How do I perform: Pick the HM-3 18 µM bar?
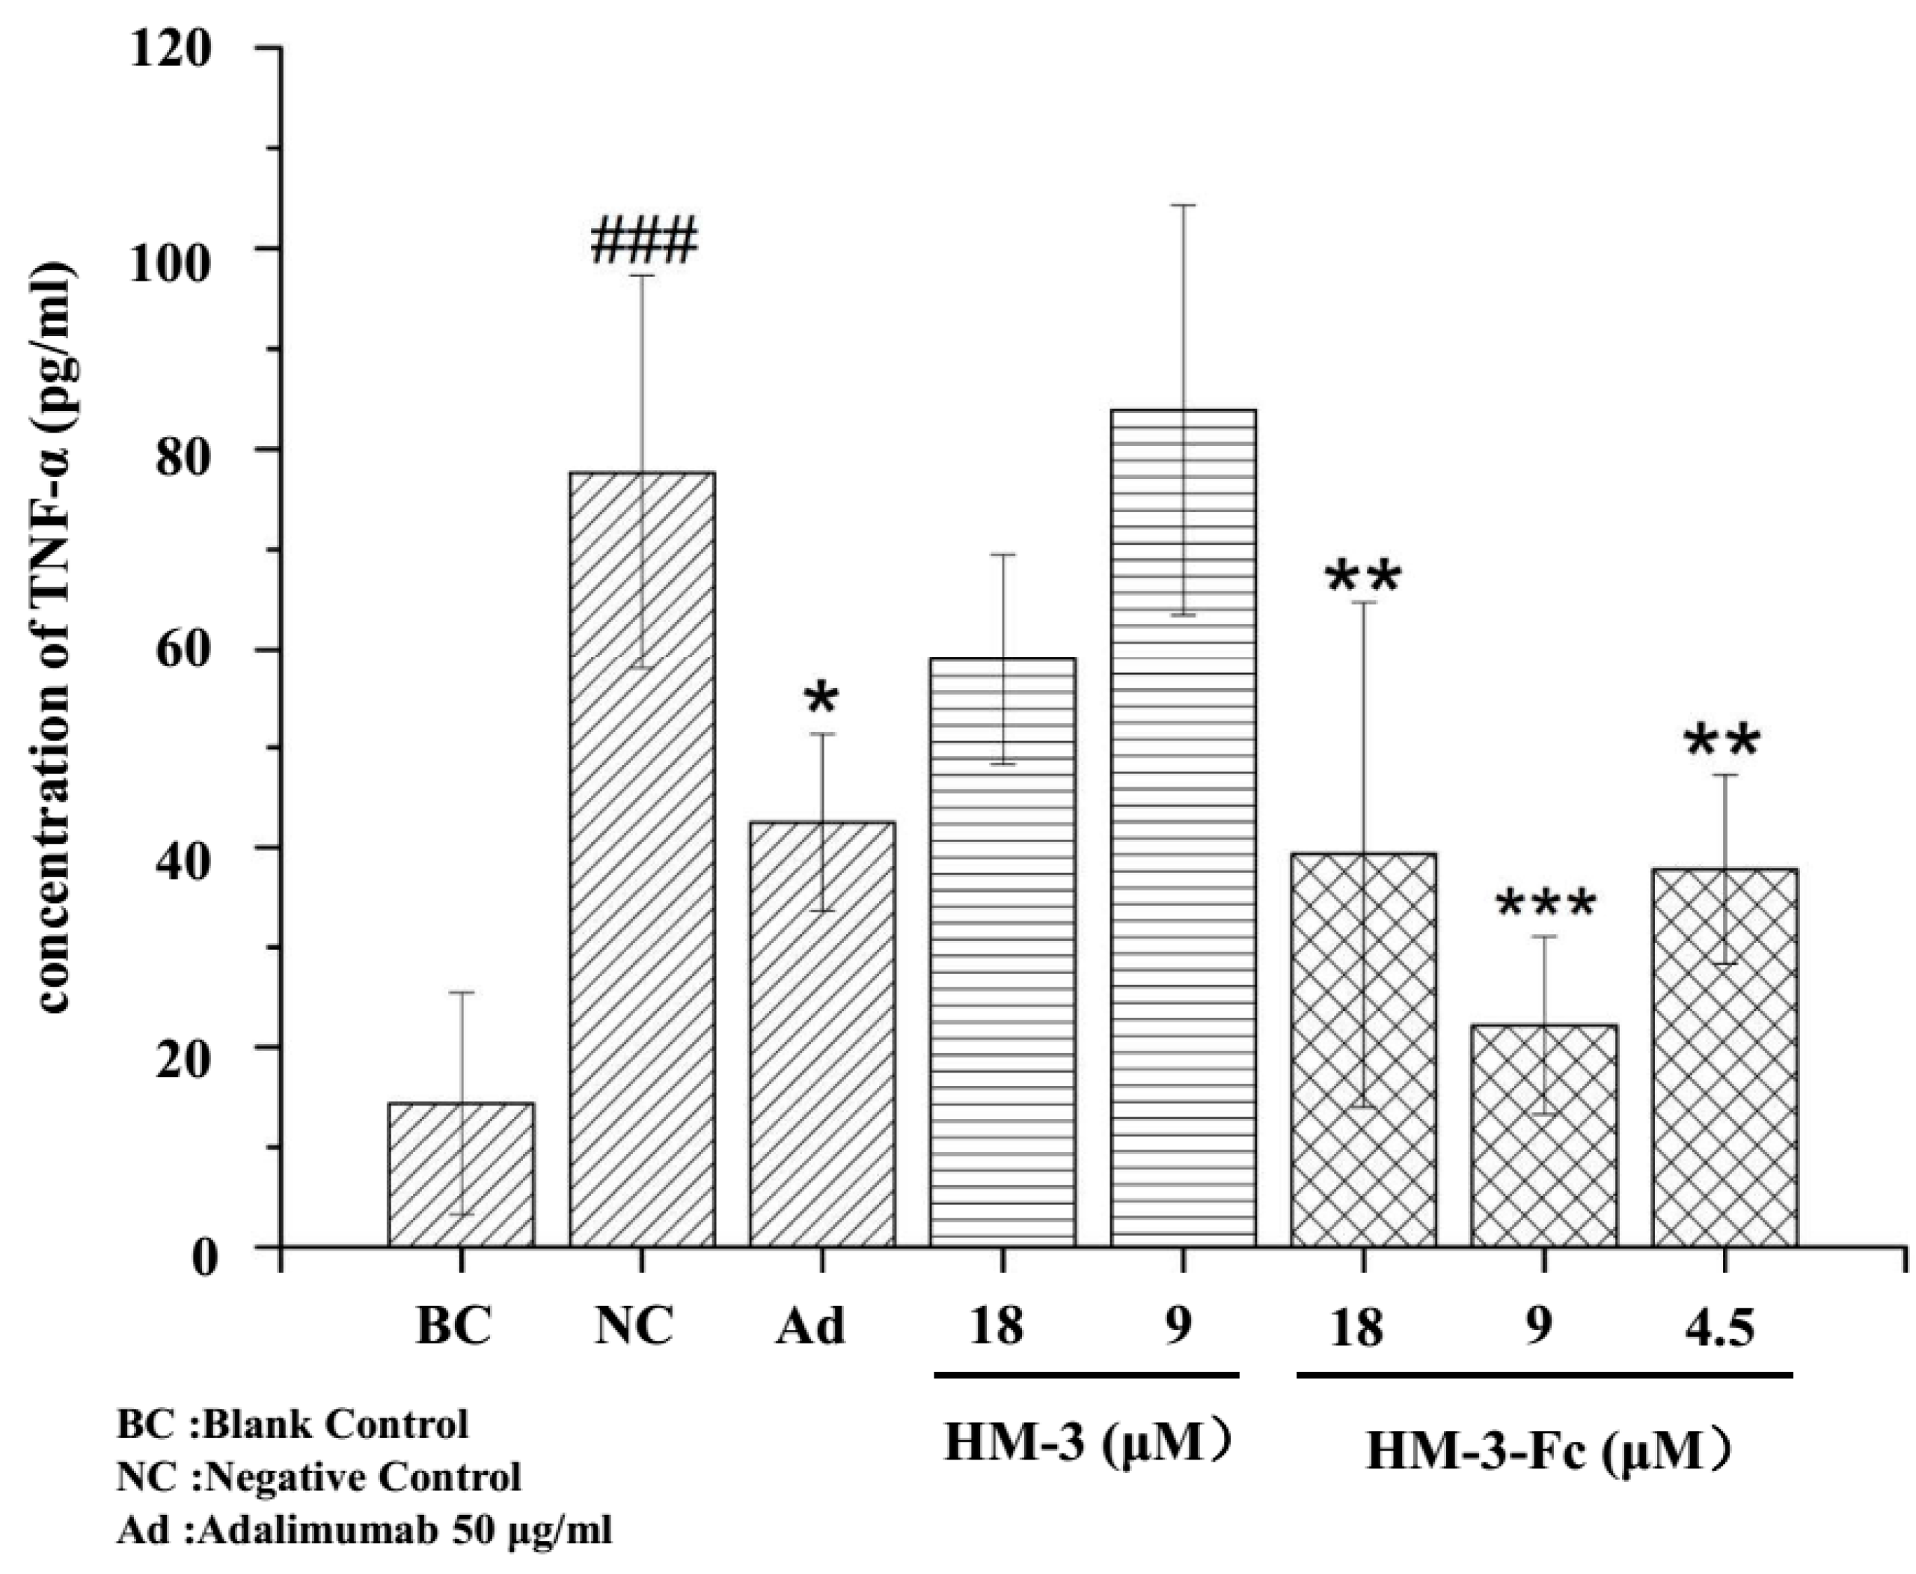[1003, 952]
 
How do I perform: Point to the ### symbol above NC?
[643, 241]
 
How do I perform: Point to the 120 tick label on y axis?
[171, 50]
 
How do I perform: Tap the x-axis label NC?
[634, 1327]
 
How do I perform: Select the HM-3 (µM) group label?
[1088, 1442]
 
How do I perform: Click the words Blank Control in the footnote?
[335, 1424]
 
